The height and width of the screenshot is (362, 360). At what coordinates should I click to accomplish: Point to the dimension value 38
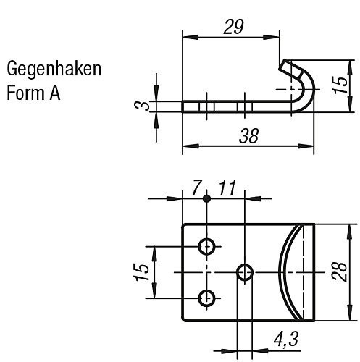coord(245,135)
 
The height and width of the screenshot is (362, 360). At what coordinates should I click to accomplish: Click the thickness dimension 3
coord(145,106)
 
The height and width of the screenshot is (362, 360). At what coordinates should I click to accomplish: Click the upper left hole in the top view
coord(207,246)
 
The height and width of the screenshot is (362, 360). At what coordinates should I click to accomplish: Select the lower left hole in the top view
coord(207,297)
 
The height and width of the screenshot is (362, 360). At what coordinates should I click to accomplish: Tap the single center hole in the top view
coord(246,272)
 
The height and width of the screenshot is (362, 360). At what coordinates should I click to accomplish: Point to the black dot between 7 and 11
coord(207,198)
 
